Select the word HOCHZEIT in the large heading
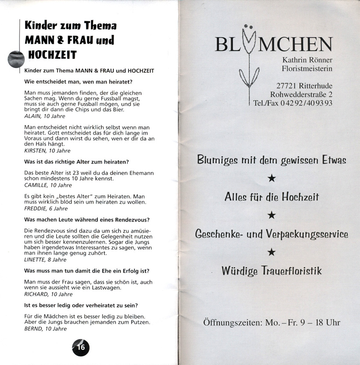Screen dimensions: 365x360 click(x=53, y=54)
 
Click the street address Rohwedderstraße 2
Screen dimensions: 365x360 click(x=301, y=94)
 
